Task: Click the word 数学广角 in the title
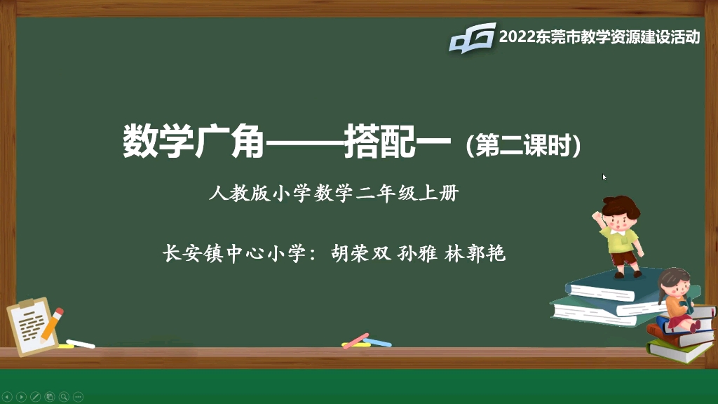(x=194, y=142)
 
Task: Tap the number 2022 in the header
(x=517, y=36)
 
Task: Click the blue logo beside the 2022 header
(x=472, y=37)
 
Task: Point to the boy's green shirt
(x=621, y=241)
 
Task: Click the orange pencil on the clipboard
(x=52, y=322)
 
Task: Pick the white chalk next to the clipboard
(x=80, y=344)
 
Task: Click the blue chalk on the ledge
(x=377, y=342)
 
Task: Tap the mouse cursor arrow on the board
(x=604, y=177)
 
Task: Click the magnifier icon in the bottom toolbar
(x=63, y=397)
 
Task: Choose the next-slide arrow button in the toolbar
(x=21, y=397)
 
